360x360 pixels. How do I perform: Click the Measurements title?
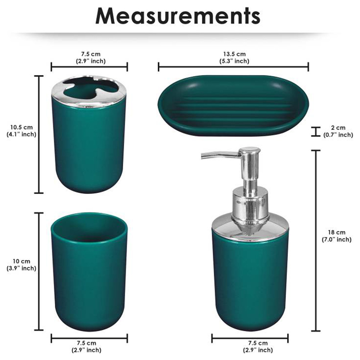(x=178, y=16)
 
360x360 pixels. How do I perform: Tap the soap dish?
(x=233, y=105)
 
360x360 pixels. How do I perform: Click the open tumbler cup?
(x=89, y=272)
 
